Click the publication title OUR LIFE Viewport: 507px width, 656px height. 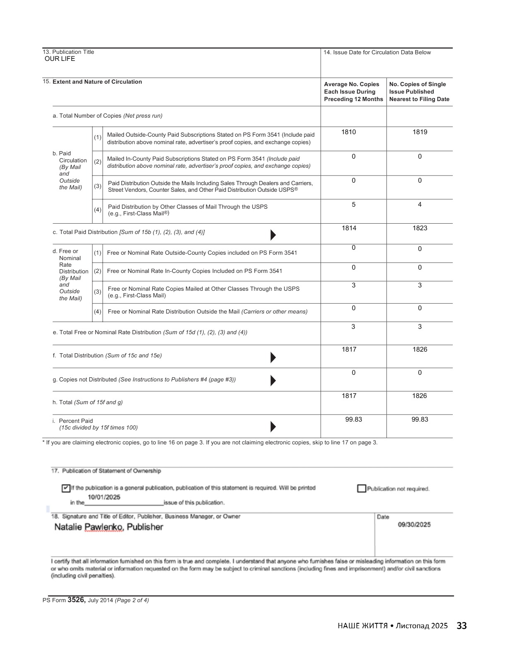pyautogui.click(x=60, y=59)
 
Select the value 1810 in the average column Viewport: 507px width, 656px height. pyautogui.click(x=348, y=132)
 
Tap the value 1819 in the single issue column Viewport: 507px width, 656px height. pyautogui.click(x=420, y=132)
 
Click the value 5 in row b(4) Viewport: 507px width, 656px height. pyautogui.click(x=353, y=205)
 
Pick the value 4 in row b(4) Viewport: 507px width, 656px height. pyautogui.click(x=420, y=205)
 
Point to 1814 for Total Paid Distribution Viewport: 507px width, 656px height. pyautogui.click(x=349, y=228)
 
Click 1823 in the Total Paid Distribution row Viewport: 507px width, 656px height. pyautogui.click(x=420, y=228)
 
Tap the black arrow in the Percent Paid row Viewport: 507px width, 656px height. pyautogui.click(x=273, y=427)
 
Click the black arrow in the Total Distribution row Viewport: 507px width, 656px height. pyautogui.click(x=273, y=357)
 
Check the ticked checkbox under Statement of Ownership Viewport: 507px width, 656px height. pyautogui.click(x=66, y=488)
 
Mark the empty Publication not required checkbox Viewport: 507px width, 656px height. pyautogui.click(x=362, y=489)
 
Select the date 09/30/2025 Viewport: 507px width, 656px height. pyautogui.click(x=414, y=525)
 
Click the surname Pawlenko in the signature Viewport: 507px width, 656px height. pyautogui.click(x=104, y=527)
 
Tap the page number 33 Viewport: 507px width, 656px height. pyautogui.click(x=461, y=626)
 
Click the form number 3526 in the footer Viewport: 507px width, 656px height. pyautogui.click(x=76, y=600)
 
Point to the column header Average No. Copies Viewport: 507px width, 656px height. pyautogui.click(x=353, y=92)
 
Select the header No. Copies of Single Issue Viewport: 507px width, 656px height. pyautogui.click(x=419, y=92)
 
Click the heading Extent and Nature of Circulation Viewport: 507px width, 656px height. pyautogui.click(x=97, y=82)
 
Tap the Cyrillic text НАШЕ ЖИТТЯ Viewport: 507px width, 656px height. pyautogui.click(x=362, y=626)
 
